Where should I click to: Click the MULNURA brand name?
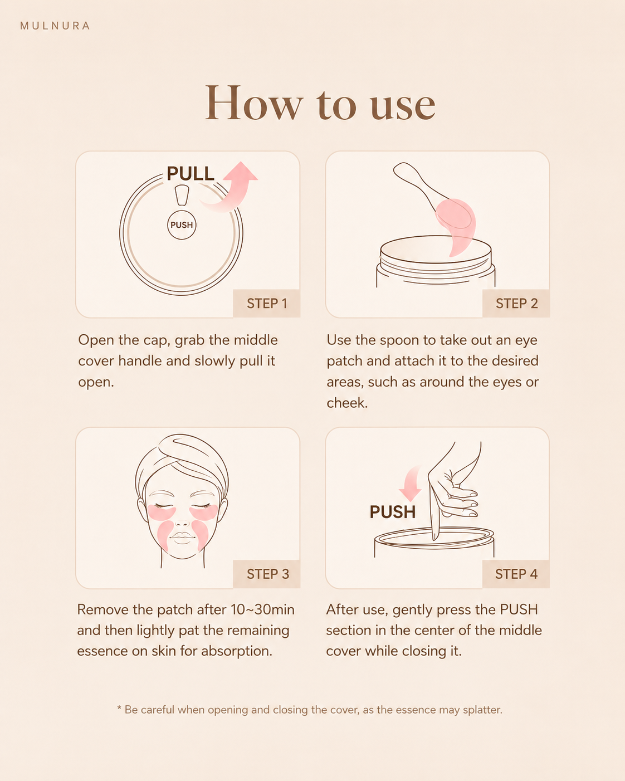point(55,26)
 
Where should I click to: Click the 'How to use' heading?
point(320,103)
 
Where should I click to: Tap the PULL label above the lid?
point(190,173)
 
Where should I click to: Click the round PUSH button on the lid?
point(182,225)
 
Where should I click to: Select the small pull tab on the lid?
point(182,196)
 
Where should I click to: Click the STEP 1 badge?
point(267,304)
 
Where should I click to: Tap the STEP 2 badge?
point(516,304)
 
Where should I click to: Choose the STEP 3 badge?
point(267,574)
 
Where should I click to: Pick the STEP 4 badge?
point(516,574)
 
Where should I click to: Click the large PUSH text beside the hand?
point(392,512)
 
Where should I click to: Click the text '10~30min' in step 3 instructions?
point(262,609)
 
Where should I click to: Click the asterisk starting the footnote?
point(119,707)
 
